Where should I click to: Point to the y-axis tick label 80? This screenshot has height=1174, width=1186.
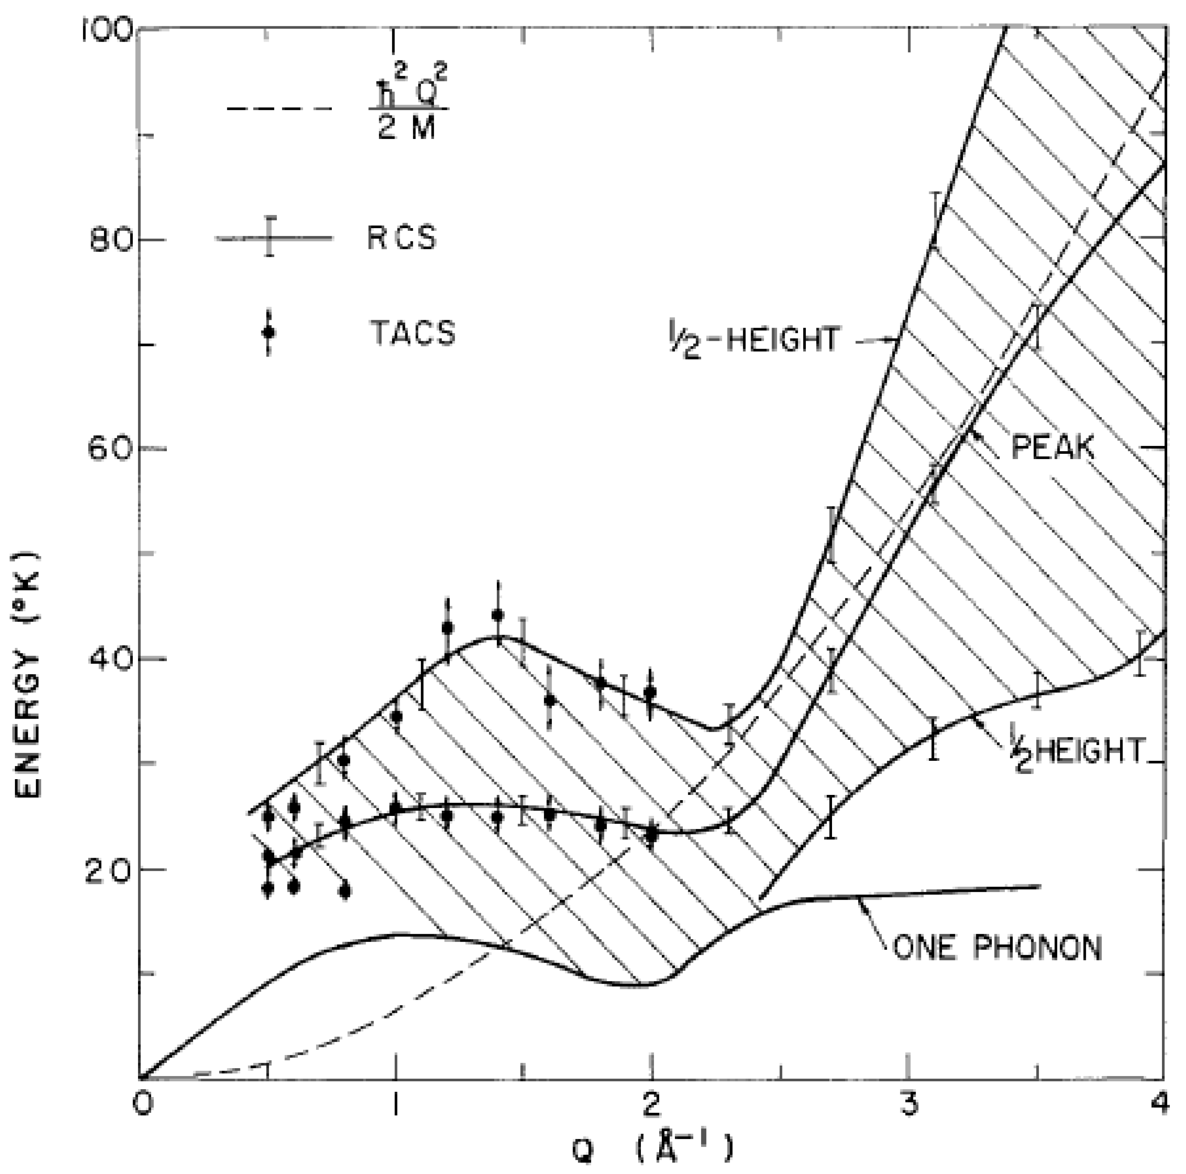pos(111,239)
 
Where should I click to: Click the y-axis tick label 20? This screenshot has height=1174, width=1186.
pos(109,870)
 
